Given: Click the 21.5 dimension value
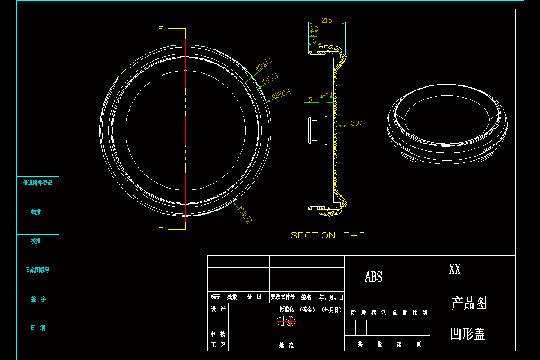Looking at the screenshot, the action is (327, 20).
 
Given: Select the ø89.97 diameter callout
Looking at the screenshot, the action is (263, 64).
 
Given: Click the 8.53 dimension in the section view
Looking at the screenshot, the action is (326, 94).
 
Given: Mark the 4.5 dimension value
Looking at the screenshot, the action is (308, 99).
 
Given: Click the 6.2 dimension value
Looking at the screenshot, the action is (314, 28).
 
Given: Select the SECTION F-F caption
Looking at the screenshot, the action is (327, 235).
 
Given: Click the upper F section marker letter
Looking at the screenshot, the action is (161, 29).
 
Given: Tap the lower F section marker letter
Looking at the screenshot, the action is (161, 229).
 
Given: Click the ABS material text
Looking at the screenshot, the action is (373, 277).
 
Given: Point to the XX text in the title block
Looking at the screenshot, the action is (454, 270).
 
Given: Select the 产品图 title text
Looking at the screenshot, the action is (469, 303).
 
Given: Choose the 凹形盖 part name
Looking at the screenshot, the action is (468, 334).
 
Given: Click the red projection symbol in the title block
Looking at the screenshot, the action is (286, 321).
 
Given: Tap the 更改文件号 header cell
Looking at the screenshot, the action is (283, 297).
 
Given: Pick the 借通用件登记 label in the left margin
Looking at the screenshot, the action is (38, 183).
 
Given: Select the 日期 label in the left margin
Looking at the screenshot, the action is (38, 328).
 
